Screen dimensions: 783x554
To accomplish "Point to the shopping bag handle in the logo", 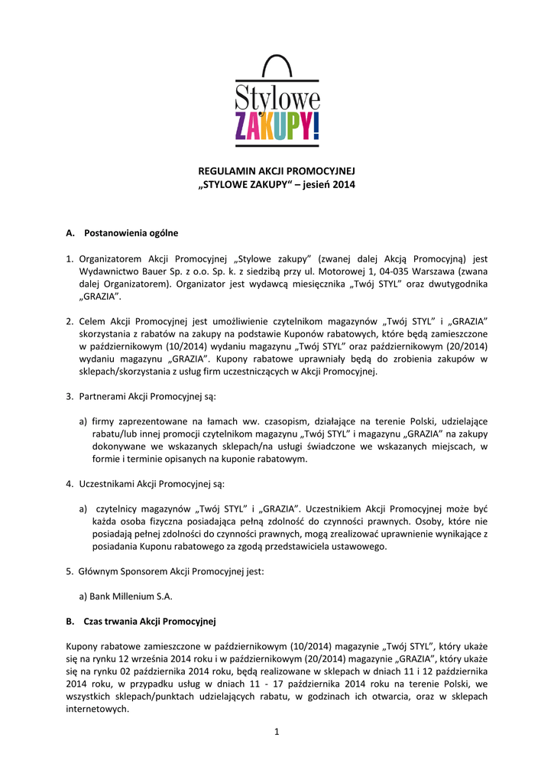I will pos(277,66).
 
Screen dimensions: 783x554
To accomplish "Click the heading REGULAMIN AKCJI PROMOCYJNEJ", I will pos(277,171).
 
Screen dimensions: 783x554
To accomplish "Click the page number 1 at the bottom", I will pos(277,732).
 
